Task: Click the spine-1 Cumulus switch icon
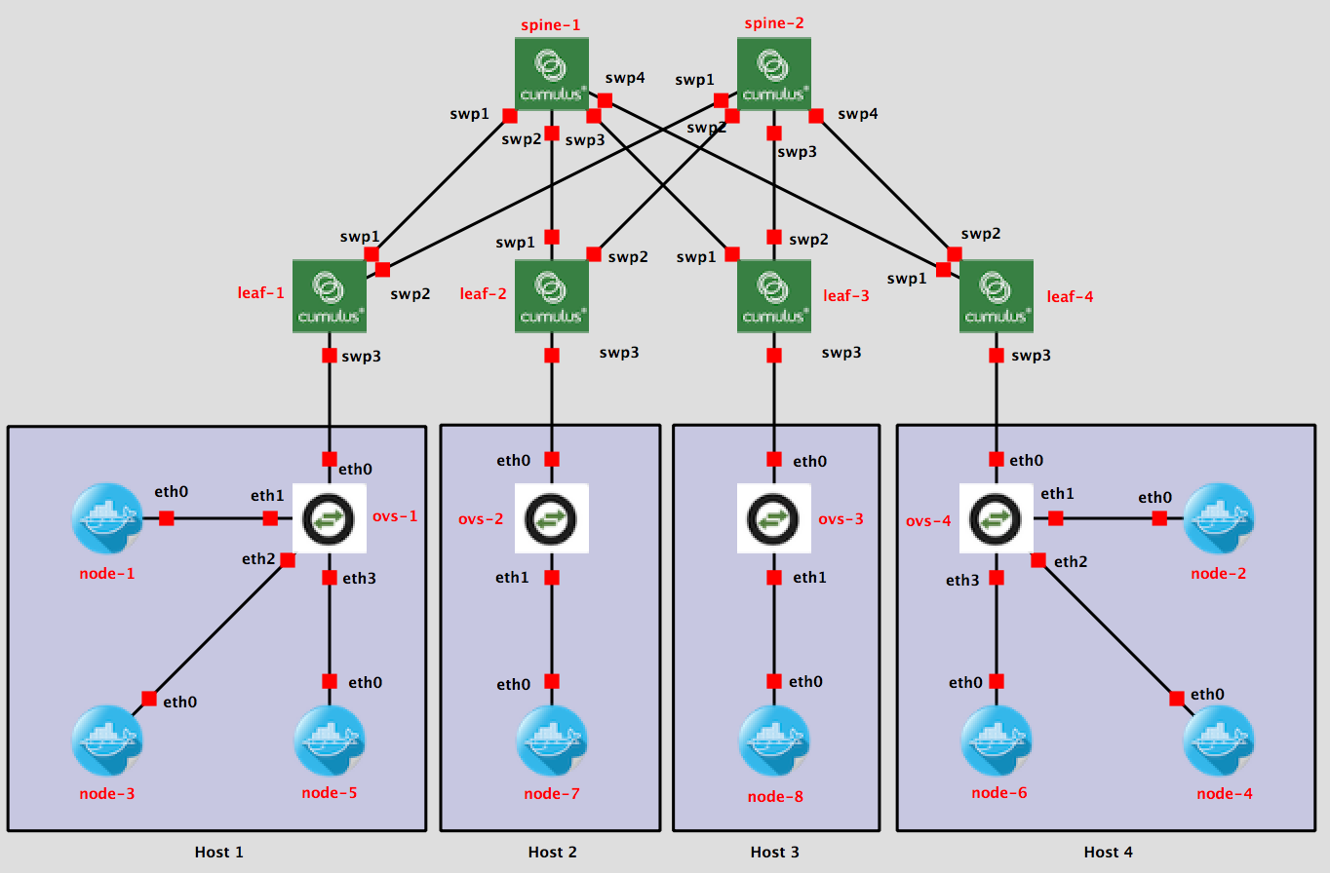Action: point(552,74)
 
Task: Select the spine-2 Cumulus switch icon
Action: point(774,74)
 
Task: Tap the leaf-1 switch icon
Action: point(330,296)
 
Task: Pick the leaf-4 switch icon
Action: point(996,296)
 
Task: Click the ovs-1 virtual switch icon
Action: point(329,518)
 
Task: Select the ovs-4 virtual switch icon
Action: point(996,518)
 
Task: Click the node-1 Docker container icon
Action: point(106,518)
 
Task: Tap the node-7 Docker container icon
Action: point(551,740)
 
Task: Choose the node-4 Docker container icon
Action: point(1218,740)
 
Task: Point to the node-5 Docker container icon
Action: point(329,740)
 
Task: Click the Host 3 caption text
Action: point(775,853)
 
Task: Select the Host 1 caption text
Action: point(219,853)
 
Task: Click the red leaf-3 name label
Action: point(845,295)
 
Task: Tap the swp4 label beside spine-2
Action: point(858,115)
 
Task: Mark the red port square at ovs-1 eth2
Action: point(288,560)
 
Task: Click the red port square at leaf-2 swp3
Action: point(552,356)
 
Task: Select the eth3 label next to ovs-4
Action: point(962,581)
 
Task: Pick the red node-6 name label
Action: point(999,793)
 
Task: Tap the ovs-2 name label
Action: point(481,519)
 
